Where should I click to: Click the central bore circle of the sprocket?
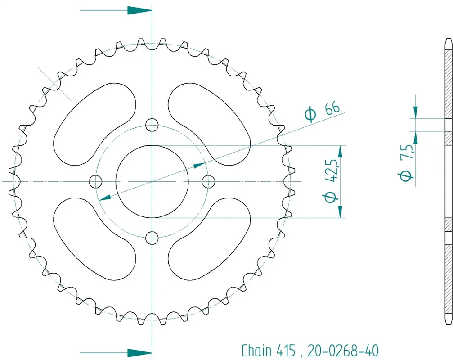pos(152,145)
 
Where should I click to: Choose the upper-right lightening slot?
pos(209,124)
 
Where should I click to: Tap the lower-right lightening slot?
pos(209,238)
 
